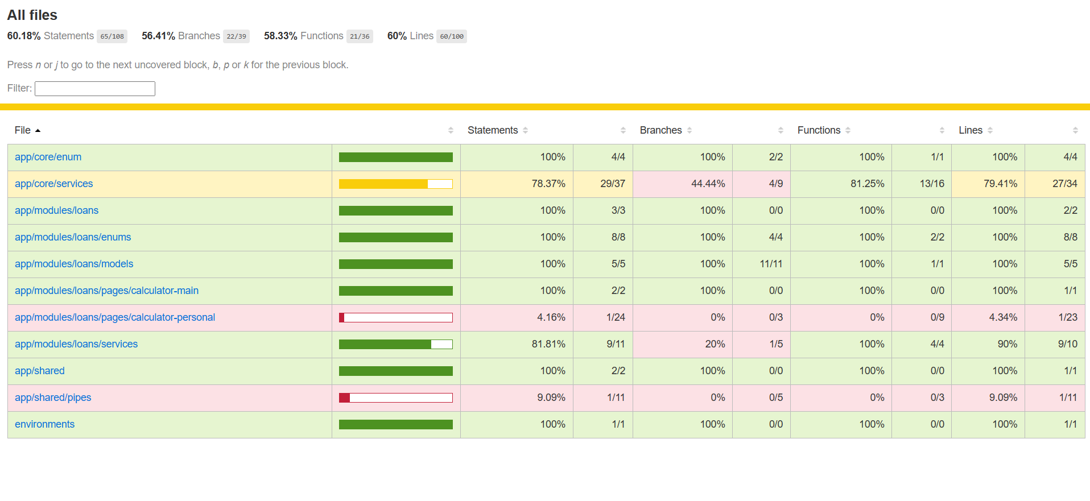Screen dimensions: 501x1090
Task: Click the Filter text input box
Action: tap(94, 89)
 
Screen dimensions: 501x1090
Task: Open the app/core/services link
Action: tap(53, 184)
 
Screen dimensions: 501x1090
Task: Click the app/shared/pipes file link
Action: tap(53, 398)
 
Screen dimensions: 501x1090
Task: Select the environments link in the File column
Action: tap(44, 424)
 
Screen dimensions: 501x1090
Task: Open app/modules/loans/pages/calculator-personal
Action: tap(115, 317)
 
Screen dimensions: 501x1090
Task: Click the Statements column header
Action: tap(493, 130)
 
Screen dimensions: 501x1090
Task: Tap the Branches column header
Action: tap(660, 130)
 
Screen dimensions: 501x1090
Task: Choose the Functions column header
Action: tap(819, 130)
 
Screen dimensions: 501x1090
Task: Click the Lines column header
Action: tap(971, 130)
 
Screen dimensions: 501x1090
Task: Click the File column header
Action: tap(23, 130)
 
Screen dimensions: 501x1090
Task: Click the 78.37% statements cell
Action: tap(548, 184)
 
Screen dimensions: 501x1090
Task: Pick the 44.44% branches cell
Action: tap(708, 184)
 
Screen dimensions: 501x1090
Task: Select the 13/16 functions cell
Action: tap(932, 184)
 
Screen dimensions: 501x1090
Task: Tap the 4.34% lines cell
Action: tap(1003, 317)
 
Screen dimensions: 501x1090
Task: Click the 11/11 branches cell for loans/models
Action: tap(771, 264)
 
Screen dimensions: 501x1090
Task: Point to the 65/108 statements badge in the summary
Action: tap(112, 36)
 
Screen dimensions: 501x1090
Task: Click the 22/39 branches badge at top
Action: tap(236, 36)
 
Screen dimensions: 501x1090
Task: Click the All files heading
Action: tap(32, 15)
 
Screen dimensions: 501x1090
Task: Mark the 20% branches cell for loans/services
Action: tap(715, 344)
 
